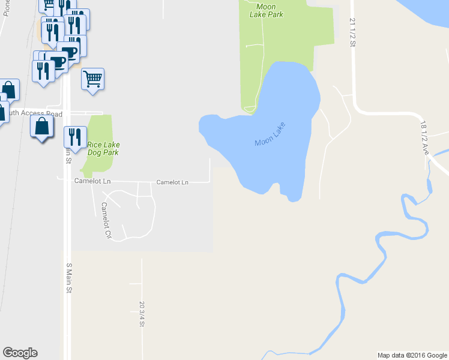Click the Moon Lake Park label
coord(265,10)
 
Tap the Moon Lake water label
coord(271,134)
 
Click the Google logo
coord(20,353)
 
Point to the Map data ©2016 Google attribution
coord(412,355)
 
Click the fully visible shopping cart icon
coord(92,79)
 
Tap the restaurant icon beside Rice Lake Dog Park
coord(75,136)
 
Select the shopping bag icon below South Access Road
coord(41,127)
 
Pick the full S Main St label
coord(68,278)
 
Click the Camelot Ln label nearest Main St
coord(92,181)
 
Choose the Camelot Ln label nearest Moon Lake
coord(172,182)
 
